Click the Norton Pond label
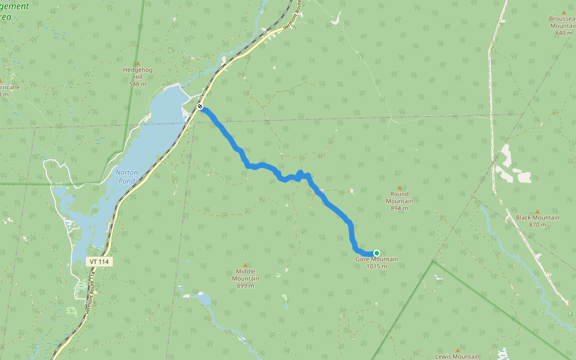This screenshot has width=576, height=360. (127, 176)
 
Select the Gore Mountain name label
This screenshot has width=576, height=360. (377, 259)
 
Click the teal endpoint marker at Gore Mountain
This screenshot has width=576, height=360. (376, 253)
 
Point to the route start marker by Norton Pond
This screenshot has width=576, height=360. (200, 107)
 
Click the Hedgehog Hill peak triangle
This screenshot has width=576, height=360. (137, 64)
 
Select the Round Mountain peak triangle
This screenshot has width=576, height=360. (400, 188)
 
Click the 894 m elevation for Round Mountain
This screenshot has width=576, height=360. (400, 209)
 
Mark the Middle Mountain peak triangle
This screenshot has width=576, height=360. (245, 265)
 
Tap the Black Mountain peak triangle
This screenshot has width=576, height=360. (538, 211)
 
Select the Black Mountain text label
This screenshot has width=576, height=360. (538, 218)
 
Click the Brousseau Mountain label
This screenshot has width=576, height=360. (563, 22)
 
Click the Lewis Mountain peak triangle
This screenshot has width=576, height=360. (458, 350)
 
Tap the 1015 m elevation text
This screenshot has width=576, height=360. (377, 266)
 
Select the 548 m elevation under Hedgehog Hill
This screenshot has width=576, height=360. (137, 84)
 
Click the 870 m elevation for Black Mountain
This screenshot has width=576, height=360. (538, 225)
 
